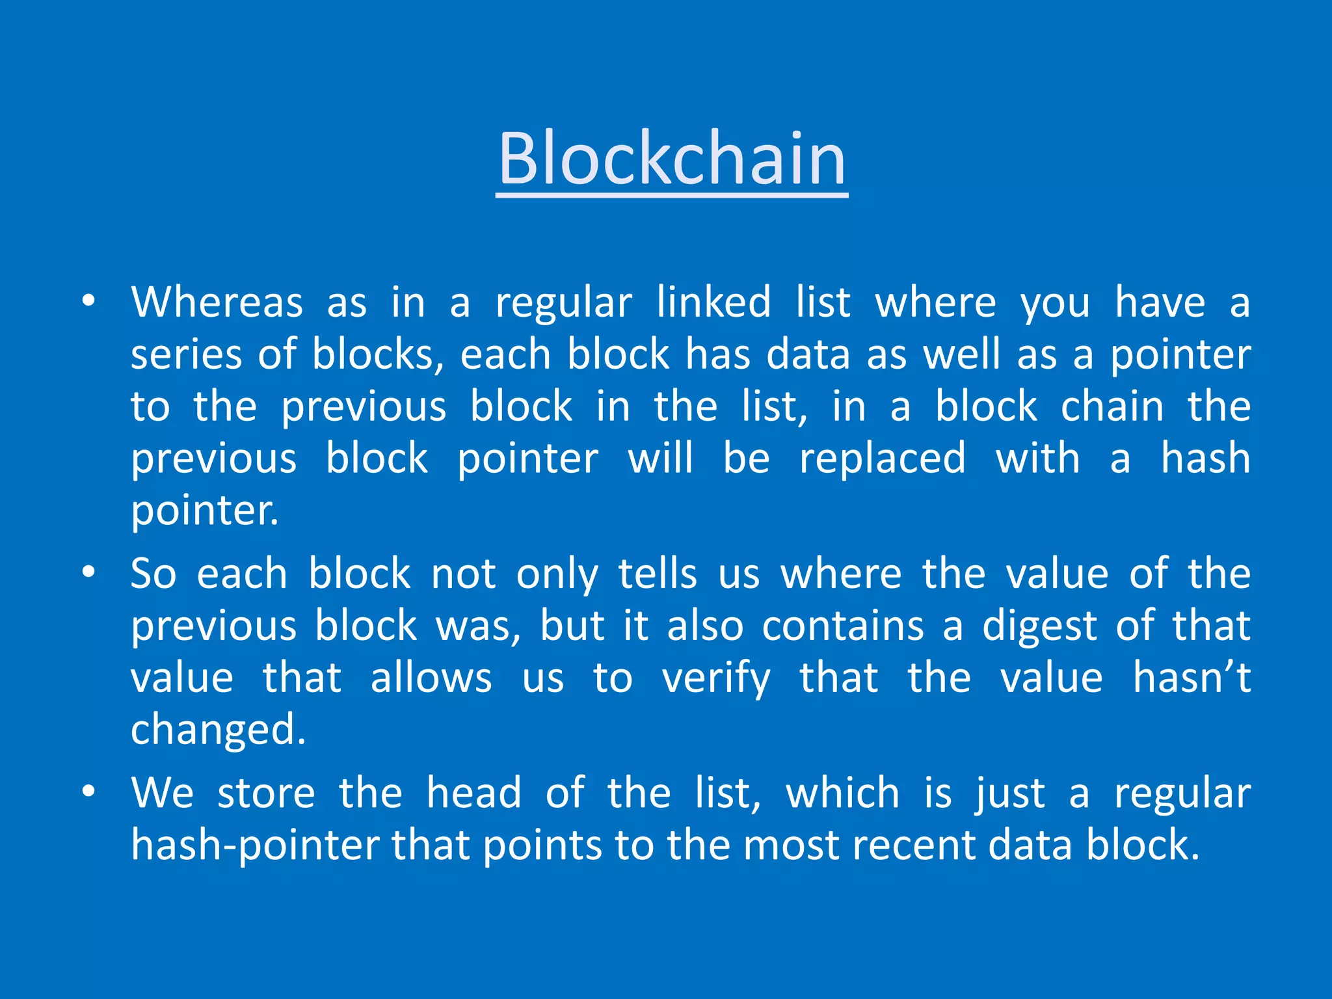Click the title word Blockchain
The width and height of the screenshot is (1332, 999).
click(672, 158)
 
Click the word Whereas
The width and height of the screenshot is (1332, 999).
click(217, 302)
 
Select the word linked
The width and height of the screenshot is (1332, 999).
click(713, 302)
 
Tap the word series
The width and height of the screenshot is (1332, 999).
click(187, 354)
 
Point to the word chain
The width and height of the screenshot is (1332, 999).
click(1112, 406)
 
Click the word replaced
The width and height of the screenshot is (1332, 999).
click(883, 459)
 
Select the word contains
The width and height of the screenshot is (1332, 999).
click(843, 626)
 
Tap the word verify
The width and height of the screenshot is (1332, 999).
click(716, 678)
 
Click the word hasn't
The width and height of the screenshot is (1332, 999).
click(1192, 678)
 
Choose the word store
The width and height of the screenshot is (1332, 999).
click(266, 793)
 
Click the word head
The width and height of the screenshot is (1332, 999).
click(473, 793)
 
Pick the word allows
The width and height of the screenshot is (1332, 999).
click(431, 678)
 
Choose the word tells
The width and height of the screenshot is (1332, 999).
click(658, 574)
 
